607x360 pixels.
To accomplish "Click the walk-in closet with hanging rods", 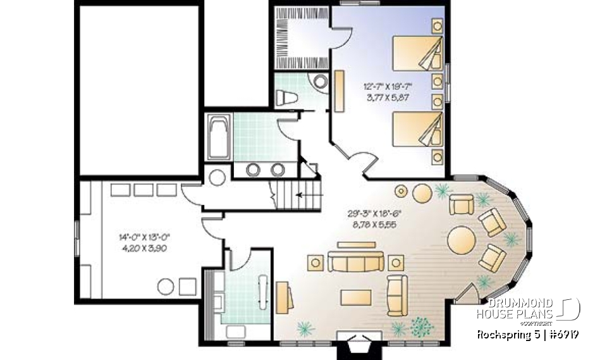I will pyautogui.click(x=300, y=37).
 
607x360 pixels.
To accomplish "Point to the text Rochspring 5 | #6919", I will pyautogui.click(x=529, y=334).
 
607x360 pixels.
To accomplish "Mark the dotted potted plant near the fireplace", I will pyautogui.click(x=422, y=326).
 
